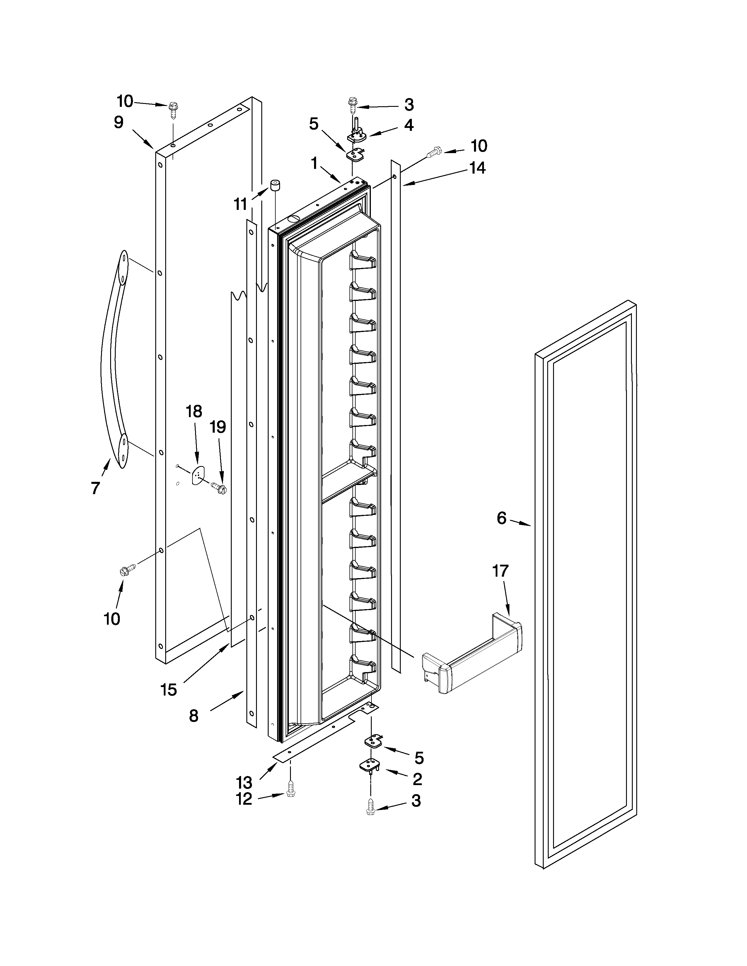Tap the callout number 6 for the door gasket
tap(501, 518)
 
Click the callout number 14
tap(477, 168)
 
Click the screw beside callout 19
tap(219, 487)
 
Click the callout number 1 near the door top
tap(314, 164)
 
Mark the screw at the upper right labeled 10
tap(433, 153)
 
